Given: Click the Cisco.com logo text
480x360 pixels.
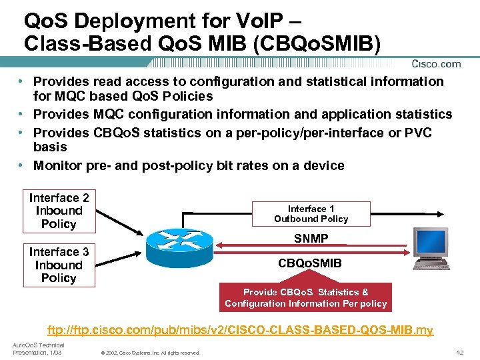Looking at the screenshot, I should pos(436,64).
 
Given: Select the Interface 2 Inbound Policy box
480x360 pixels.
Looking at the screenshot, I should pos(59,211).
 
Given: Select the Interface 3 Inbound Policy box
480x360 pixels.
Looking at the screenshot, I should pos(59,265).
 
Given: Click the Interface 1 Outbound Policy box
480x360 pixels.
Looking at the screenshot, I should pos(311,214).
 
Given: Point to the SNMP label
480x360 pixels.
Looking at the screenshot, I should pos(311,239).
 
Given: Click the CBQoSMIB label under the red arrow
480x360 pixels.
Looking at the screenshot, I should pos(311,263).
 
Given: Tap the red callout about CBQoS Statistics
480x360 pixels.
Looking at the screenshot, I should pos(305,297).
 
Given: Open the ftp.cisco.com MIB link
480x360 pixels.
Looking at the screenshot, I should pos(240,330).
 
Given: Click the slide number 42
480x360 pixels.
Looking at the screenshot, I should pos(459,352).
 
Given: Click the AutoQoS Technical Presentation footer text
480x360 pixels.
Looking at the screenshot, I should pos(37,349).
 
